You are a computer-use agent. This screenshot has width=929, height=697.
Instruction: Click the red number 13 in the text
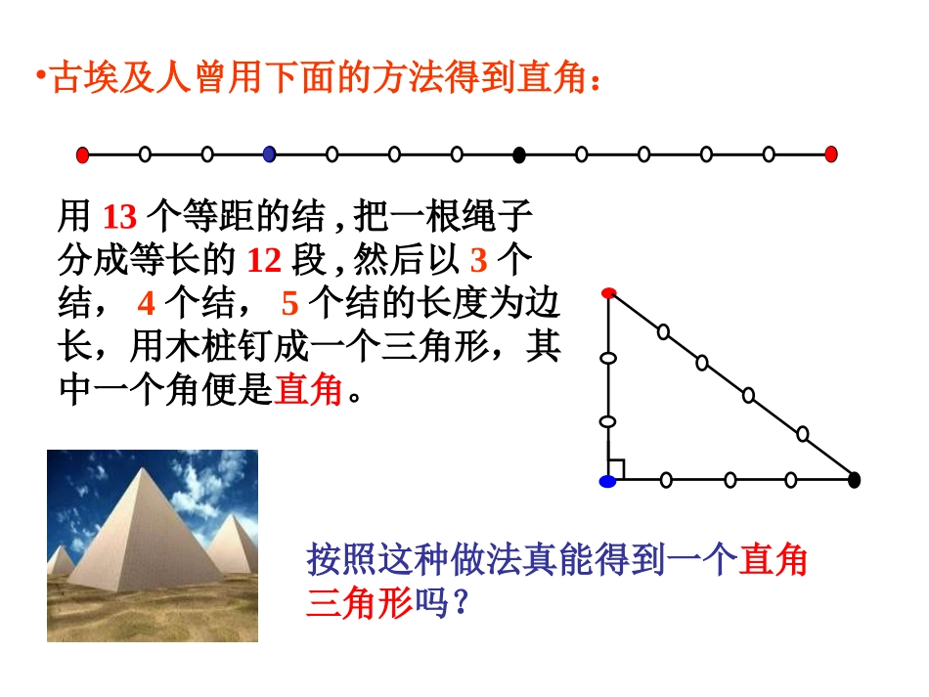point(119,216)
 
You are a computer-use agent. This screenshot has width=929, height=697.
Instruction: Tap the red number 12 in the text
point(263,260)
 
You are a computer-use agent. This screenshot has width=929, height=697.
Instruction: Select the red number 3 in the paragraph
point(478,260)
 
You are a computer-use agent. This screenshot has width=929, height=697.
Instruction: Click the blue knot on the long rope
point(270,153)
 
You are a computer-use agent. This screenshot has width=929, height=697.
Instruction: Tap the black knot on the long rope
point(519,153)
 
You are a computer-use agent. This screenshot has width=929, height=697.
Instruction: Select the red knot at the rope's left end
point(83,153)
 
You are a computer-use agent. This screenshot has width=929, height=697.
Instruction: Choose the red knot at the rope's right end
point(831,153)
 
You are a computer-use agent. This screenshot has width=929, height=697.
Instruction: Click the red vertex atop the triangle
point(608,292)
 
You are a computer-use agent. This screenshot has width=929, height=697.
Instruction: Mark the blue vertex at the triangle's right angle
point(608,480)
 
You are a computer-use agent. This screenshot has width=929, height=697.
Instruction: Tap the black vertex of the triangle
point(854,480)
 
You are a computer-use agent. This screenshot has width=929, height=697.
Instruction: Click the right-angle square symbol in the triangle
point(617,470)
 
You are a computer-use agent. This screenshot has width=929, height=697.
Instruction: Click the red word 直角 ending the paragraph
point(309,391)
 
